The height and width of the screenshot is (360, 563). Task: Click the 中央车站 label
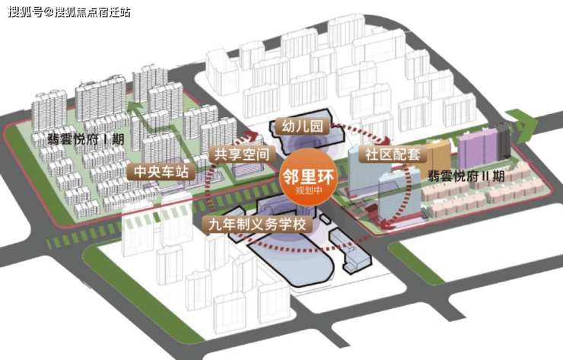coord(161,172)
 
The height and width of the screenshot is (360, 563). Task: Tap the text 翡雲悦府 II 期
coord(466,174)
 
